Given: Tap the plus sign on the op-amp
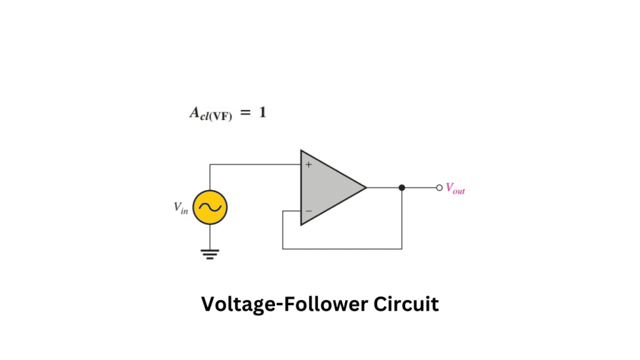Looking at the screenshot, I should (x=308, y=164).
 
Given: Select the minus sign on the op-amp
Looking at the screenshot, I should (x=308, y=212).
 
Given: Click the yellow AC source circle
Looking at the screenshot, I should (x=210, y=207).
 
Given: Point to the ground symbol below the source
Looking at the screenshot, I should (x=210, y=254).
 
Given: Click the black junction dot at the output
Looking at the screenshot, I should (x=402, y=187).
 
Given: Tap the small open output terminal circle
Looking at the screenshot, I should (x=439, y=187).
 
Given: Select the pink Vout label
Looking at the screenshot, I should (x=455, y=188).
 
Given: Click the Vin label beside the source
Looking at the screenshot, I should (x=181, y=208).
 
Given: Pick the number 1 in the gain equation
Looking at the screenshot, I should (x=262, y=113).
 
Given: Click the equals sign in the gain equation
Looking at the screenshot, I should (x=245, y=114).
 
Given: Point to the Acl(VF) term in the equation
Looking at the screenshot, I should (x=210, y=114).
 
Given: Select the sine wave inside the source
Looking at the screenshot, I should (x=210, y=207).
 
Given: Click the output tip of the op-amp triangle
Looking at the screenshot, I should (x=365, y=187).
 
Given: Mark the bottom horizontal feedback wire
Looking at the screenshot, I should (x=342, y=249).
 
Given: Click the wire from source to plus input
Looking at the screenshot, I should (x=256, y=165).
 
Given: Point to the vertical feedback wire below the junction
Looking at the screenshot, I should (x=402, y=219).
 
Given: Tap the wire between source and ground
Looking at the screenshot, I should (x=210, y=236).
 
